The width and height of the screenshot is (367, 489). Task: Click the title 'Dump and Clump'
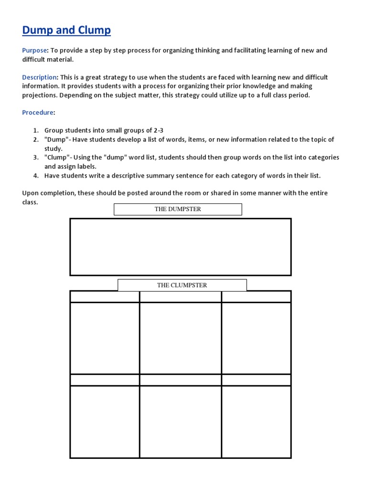[x=66, y=31]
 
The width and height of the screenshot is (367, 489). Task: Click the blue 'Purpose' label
[x=34, y=51]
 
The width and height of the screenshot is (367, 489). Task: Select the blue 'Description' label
[x=40, y=77]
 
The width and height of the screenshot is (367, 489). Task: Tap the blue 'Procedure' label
[x=38, y=113]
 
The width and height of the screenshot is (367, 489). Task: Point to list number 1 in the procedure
[x=36, y=130]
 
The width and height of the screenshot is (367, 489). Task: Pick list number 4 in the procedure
[x=36, y=176]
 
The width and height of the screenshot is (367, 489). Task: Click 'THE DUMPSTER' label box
[x=178, y=209]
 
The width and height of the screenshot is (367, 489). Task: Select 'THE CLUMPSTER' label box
[x=182, y=285]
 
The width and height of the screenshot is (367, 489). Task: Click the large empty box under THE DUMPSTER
[x=180, y=247]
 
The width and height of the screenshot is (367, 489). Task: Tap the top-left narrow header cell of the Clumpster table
[x=105, y=297]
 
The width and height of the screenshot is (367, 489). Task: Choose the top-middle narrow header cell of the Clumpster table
[x=180, y=297]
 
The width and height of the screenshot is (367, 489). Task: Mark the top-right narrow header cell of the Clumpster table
[x=256, y=297]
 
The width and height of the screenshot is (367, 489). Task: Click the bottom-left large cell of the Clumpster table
[x=105, y=421]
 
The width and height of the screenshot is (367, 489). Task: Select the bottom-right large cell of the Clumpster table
[x=256, y=421]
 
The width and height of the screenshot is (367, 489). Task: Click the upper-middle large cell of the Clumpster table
[x=180, y=338]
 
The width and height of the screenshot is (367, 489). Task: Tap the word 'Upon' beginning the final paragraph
[x=30, y=193]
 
